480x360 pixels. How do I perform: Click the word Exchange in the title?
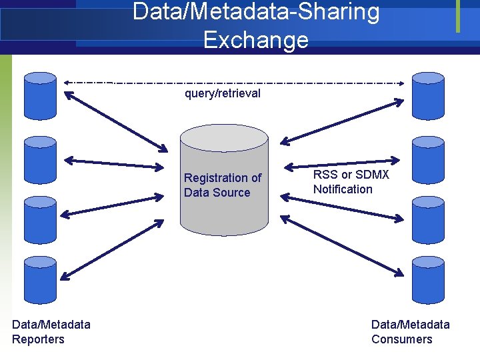pos(256,40)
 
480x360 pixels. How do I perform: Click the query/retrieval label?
pos(223,93)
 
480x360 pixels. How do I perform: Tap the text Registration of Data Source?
pos(223,185)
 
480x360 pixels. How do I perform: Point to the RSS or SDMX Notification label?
pos(351,182)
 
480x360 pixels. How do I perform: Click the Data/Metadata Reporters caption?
pos(51,332)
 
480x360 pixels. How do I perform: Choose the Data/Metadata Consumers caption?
pos(410,332)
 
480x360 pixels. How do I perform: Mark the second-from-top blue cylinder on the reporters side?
pos(40,160)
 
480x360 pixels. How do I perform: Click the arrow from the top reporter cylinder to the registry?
pos(116,121)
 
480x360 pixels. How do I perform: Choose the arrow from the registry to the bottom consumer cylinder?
pos(340,245)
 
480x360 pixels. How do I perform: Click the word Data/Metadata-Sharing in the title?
pos(256,12)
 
